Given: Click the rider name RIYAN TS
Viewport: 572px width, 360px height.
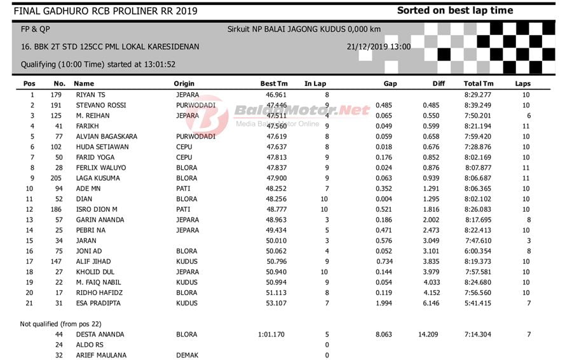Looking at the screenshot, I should [x=89, y=95].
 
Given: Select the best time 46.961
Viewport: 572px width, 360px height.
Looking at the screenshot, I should [x=276, y=95].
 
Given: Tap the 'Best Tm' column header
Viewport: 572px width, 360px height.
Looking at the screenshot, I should [x=274, y=83].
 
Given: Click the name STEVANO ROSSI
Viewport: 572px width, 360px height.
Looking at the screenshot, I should [x=101, y=105].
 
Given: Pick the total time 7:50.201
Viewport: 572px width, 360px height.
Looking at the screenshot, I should [x=479, y=116].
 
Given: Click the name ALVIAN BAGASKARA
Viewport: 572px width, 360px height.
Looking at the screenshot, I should [x=107, y=136].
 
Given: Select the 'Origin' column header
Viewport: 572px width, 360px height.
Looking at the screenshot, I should [x=184, y=83].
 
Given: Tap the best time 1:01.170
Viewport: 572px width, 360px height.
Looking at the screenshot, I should [x=272, y=334].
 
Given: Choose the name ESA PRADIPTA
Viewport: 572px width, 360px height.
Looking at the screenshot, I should [x=99, y=303].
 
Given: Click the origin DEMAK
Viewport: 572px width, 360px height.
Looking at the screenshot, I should [x=187, y=355].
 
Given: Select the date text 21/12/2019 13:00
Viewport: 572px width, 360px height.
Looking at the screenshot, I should [x=379, y=47].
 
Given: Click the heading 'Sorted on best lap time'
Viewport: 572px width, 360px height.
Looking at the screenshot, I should [x=455, y=10].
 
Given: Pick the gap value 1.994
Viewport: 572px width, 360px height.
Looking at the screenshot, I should [x=385, y=303].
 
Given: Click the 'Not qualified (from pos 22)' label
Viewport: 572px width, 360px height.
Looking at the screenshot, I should [x=60, y=324].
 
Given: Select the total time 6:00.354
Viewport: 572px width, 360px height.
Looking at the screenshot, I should [x=479, y=251].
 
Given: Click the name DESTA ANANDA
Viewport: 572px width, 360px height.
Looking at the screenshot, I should [x=100, y=334].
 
